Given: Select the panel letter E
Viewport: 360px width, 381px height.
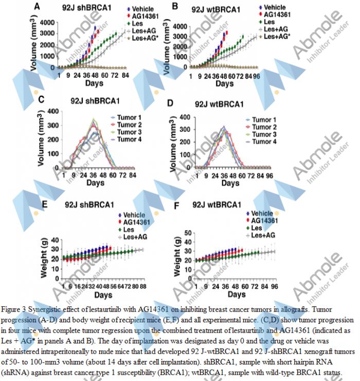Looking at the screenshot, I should (x=45, y=205).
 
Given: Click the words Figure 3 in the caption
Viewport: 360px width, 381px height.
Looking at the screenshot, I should (x=15, y=309).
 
